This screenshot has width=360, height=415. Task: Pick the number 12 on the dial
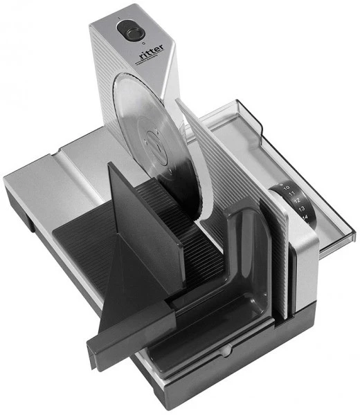tap(297, 202)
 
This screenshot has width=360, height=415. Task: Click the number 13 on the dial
tap(302, 210)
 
